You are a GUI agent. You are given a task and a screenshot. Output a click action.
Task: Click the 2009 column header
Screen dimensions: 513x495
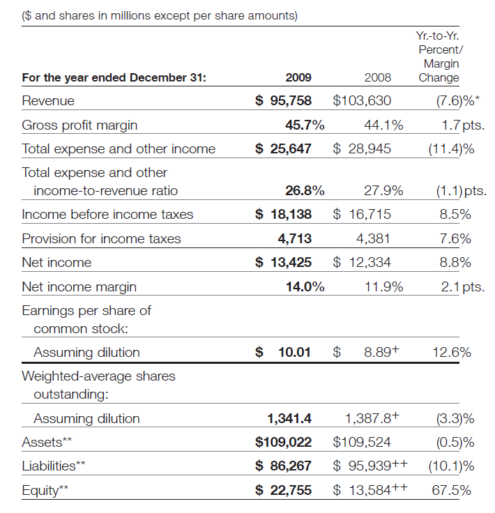click(298, 78)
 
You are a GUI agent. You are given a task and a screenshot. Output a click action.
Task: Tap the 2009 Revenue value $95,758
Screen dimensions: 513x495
click(283, 101)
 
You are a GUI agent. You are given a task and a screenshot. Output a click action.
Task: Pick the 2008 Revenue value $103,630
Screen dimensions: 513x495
click(363, 101)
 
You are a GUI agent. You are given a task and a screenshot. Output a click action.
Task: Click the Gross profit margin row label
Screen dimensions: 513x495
click(79, 125)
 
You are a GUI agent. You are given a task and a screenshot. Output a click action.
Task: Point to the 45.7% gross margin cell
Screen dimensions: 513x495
click(305, 125)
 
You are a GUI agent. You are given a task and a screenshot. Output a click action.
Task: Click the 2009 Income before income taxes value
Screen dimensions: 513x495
click(283, 215)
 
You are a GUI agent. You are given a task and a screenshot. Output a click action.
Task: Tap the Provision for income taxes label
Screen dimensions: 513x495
click(101, 239)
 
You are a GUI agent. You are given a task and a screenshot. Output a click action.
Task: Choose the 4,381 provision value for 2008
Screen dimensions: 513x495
click(373, 239)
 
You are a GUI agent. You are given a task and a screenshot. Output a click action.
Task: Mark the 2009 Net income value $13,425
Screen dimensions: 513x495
click(283, 263)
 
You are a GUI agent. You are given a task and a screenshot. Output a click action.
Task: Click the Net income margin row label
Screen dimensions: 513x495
click(79, 286)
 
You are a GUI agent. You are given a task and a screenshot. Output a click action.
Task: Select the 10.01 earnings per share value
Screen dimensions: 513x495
click(294, 353)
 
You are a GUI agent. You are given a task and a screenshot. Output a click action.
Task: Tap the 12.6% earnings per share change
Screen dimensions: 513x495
click(452, 353)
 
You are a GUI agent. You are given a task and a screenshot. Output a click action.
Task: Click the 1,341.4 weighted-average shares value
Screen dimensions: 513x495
click(289, 419)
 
